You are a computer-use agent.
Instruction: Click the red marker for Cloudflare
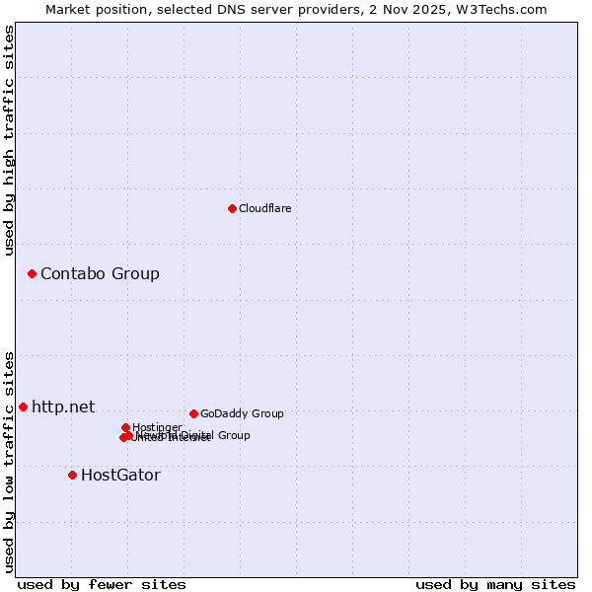232,208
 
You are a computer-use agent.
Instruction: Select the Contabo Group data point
32,273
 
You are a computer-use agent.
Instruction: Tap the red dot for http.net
23,407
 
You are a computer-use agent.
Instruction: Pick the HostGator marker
72,475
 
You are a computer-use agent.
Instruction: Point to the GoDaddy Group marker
193,413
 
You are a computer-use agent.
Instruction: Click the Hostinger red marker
125,427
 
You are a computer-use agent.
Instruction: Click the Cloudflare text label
264,208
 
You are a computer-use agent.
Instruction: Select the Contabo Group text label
100,273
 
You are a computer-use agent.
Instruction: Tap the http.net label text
63,407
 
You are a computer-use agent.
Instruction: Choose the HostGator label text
120,475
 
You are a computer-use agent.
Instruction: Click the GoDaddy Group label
242,413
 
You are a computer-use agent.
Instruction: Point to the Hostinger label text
157,427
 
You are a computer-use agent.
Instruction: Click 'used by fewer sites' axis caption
102,585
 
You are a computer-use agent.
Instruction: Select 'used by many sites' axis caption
495,585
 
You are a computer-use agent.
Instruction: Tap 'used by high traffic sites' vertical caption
10,140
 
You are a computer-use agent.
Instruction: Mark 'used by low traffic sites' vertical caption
10,461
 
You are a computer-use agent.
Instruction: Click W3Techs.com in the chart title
506,9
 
